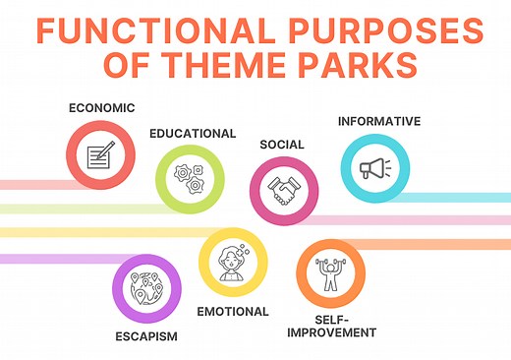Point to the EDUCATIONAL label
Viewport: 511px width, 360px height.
tap(192, 133)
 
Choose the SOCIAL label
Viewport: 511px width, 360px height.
tap(281, 145)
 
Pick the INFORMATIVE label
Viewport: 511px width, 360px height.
tap(378, 121)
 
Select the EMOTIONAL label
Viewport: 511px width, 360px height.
tap(233, 311)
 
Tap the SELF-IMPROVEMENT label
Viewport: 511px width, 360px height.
tap(331, 326)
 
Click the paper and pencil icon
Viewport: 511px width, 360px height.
tap(99, 154)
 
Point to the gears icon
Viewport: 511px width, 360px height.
tap(190, 178)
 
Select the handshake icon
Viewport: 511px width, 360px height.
tap(283, 190)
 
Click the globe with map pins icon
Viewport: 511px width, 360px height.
tap(146, 287)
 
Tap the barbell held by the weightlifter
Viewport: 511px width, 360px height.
tap(329, 261)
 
